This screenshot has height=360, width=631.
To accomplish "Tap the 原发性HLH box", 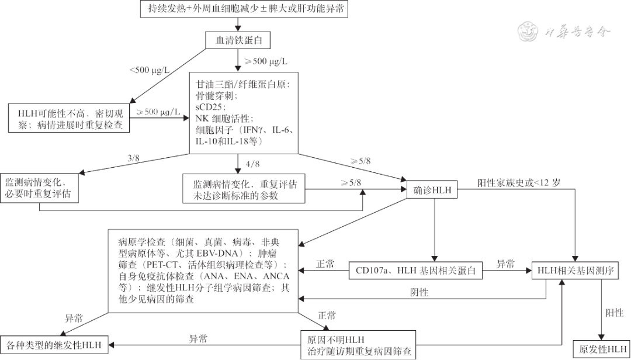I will pyautogui.click(x=601, y=349).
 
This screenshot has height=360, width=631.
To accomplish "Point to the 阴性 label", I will pyautogui.click(x=419, y=292).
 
